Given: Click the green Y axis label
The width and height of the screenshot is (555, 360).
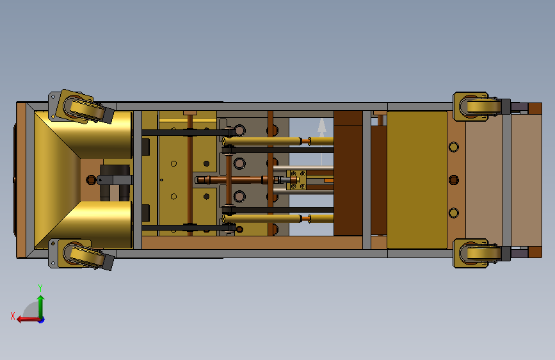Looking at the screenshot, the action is [x=40, y=288].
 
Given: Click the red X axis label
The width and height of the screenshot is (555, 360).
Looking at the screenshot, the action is [x=13, y=316].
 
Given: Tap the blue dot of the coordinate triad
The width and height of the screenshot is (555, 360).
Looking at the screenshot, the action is [x=42, y=320].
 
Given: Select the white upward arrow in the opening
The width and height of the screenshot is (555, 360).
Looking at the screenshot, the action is [x=322, y=141].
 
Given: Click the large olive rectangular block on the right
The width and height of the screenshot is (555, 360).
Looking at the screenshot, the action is [x=417, y=179].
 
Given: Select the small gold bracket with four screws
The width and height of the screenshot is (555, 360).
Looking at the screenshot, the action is [x=296, y=179].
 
